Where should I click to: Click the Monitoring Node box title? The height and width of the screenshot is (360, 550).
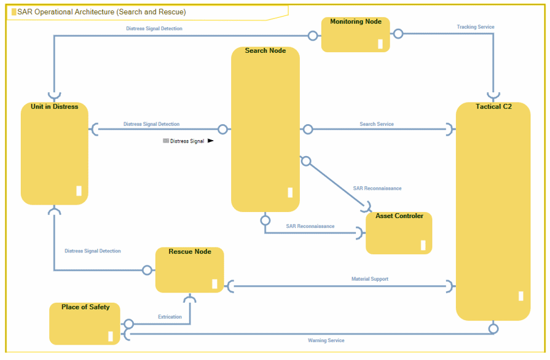click(356, 22)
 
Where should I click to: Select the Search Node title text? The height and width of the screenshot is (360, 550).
click(265, 50)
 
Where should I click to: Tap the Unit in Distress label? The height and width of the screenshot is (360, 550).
click(54, 106)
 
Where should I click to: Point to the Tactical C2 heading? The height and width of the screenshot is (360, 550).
click(493, 106)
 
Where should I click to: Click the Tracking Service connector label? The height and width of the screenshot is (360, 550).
click(475, 27)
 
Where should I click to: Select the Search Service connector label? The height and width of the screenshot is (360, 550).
click(376, 124)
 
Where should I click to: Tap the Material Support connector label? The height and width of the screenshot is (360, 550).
click(369, 279)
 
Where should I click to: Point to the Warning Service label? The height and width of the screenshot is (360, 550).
click(326, 340)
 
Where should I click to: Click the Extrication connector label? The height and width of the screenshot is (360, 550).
click(170, 317)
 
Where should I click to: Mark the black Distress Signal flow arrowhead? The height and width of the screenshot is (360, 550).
click(210, 141)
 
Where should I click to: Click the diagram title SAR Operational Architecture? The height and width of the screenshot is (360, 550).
click(101, 12)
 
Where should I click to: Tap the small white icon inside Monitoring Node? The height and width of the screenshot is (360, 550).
click(380, 44)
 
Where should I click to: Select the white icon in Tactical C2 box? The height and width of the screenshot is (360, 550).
click(521, 296)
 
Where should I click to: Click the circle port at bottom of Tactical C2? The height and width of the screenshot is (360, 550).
click(493, 329)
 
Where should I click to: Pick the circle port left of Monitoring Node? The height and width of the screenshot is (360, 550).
click(313, 36)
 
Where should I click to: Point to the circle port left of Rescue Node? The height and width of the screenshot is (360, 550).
click(147, 270)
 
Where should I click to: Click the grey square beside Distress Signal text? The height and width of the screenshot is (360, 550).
click(165, 141)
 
